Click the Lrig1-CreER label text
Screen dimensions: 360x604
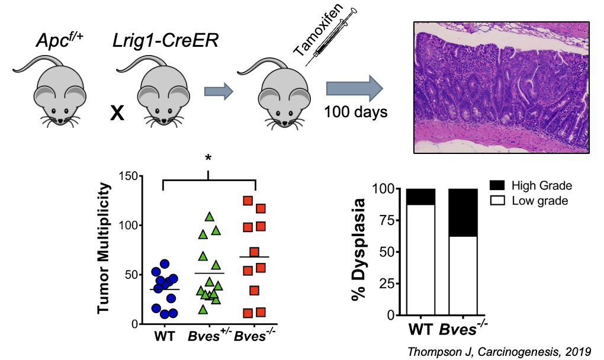156,43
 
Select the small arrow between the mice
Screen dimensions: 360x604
217,91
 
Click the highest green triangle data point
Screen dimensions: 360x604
208,217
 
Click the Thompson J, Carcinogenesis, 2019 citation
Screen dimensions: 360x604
499,350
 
